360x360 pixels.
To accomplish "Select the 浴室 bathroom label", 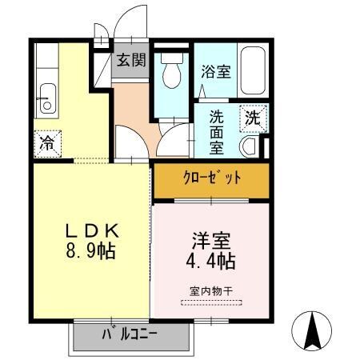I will coord(216,72).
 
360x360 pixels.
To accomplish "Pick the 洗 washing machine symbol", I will coord(252,117).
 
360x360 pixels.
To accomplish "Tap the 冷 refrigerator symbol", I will coord(46,145).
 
